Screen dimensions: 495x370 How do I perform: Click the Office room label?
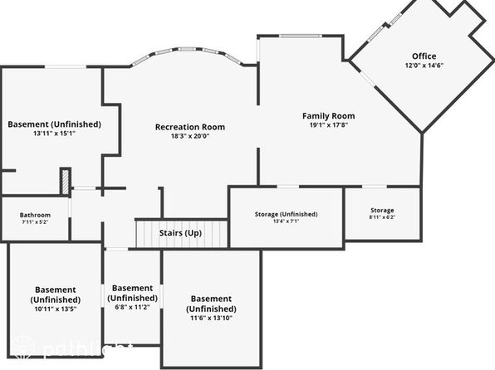click(x=424, y=56)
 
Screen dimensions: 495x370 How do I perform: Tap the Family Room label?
click(x=328, y=116)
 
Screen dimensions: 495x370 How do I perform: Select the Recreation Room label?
click(x=190, y=127)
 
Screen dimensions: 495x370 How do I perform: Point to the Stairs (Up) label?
click(x=180, y=233)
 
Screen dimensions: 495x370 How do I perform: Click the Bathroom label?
click(x=35, y=215)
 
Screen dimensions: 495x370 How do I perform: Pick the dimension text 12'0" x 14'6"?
click(x=424, y=66)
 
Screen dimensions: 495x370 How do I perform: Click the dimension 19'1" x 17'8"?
click(x=329, y=125)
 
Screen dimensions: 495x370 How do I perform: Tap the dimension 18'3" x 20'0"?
click(x=190, y=136)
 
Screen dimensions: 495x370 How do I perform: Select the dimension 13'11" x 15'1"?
click(x=54, y=133)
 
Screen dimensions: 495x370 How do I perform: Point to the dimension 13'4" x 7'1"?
click(x=286, y=222)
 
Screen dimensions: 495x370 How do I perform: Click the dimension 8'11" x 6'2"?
click(x=382, y=217)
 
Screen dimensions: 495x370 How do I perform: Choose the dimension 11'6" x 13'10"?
click(x=211, y=318)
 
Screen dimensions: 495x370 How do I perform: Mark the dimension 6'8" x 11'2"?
click(x=132, y=307)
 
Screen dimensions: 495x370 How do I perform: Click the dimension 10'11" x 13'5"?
click(x=56, y=309)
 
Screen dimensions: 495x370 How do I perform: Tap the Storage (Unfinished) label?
click(x=286, y=214)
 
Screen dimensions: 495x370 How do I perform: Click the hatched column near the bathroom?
click(x=66, y=182)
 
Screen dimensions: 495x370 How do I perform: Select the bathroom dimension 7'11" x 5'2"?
click(x=35, y=222)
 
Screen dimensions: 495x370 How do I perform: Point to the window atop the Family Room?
click(x=300, y=36)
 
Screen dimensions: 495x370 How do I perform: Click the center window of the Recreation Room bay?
click(x=187, y=49)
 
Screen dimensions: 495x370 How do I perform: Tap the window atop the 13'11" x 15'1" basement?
click(x=66, y=66)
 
